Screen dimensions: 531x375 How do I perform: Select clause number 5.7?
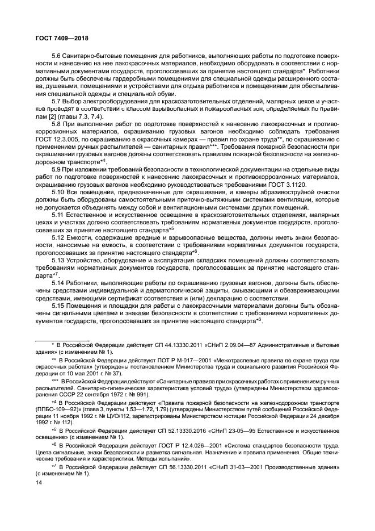pyautogui.click(x=57, y=101)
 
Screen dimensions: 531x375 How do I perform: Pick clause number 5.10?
pyautogui.click(x=59, y=193)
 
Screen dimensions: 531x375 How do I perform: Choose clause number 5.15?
pyautogui.click(x=59, y=304)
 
